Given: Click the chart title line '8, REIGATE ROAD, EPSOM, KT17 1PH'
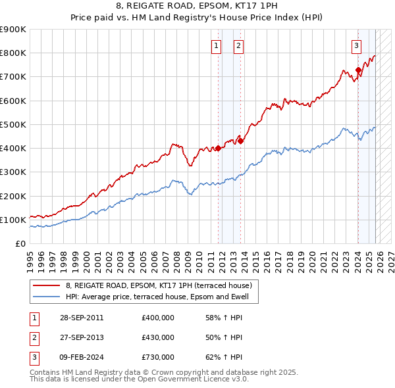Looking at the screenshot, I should tap(197, 7).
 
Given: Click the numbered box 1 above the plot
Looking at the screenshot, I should tap(215, 45).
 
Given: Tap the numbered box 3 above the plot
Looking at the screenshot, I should tap(355, 45).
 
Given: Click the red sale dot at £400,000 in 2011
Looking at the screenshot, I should tap(219, 149).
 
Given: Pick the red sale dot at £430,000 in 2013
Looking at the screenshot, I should tap(241, 141).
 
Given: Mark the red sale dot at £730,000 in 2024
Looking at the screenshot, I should tap(358, 70).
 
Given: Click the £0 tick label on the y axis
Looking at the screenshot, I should tap(20, 243).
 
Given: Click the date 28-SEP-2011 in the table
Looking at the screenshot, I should tap(81, 318).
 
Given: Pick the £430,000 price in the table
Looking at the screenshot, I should tap(158, 337).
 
